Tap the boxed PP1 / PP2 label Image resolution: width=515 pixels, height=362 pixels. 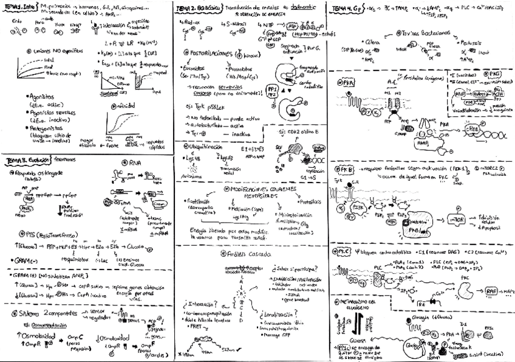tap(271, 91)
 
